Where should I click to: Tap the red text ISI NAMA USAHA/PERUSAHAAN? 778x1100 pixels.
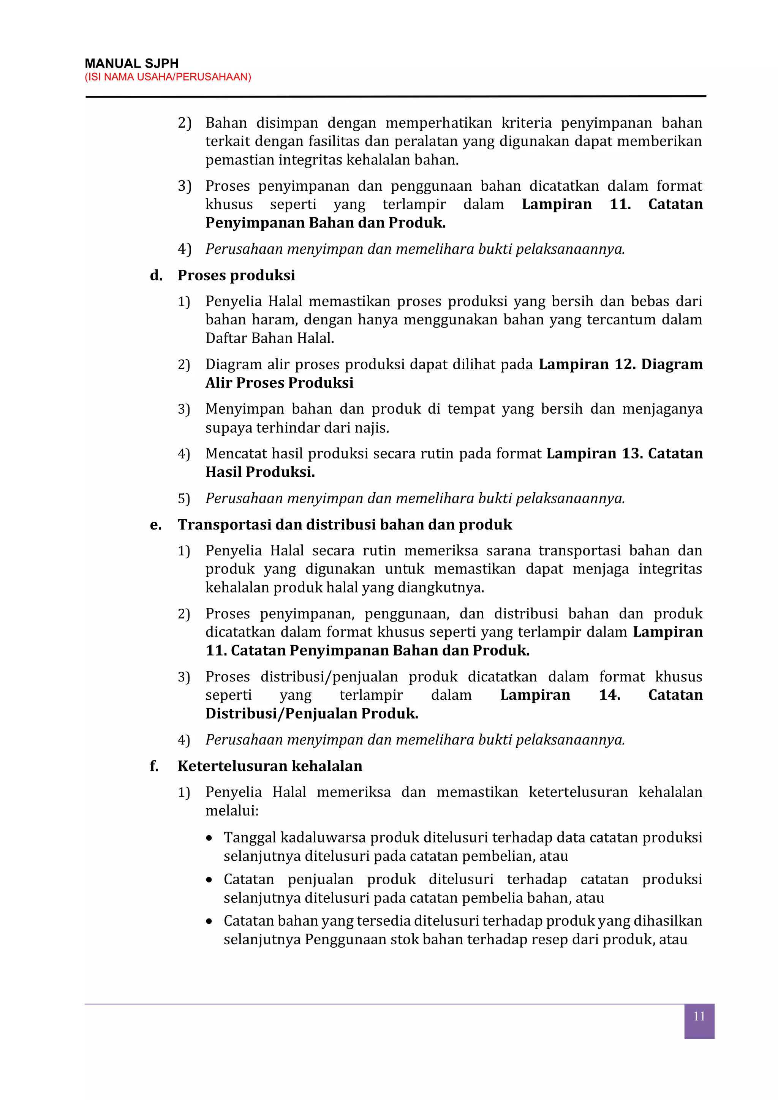coord(168,77)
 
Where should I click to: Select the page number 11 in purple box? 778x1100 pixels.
coord(699,1016)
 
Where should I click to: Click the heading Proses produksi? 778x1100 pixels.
coord(236,275)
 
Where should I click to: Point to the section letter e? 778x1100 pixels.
coord(155,525)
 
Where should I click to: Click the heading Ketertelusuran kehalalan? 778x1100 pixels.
coord(270,766)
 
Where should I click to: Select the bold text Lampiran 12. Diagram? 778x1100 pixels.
coord(620,365)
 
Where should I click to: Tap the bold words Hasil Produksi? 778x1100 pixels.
coord(260,473)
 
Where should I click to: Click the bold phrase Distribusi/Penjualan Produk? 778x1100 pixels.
coord(312,714)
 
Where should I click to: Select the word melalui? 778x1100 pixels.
coord(232,811)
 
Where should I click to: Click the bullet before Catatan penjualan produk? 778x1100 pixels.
coord(209,880)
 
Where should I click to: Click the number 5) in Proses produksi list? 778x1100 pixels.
coord(184,499)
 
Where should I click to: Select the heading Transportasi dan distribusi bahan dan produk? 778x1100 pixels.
coord(345,525)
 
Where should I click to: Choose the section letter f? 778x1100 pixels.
coord(154,766)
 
